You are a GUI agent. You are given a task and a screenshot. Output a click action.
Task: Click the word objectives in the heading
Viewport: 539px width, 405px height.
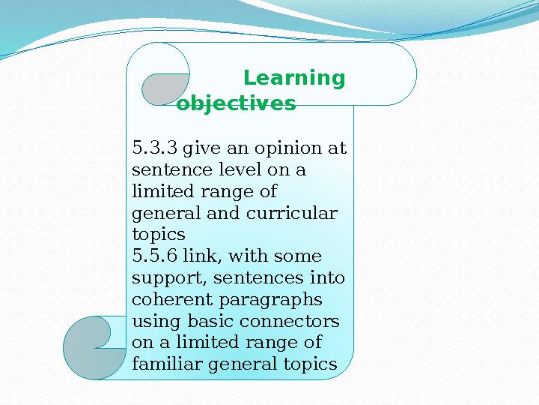point(237,103)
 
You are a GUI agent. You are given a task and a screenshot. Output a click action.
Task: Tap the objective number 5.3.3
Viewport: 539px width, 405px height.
point(153,148)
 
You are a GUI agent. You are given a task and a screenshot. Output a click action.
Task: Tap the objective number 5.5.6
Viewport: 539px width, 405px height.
point(153,256)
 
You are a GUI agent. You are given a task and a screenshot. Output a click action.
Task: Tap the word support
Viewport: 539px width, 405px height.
point(168,278)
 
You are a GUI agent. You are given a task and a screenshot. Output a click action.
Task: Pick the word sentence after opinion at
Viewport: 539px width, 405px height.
point(166,169)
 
